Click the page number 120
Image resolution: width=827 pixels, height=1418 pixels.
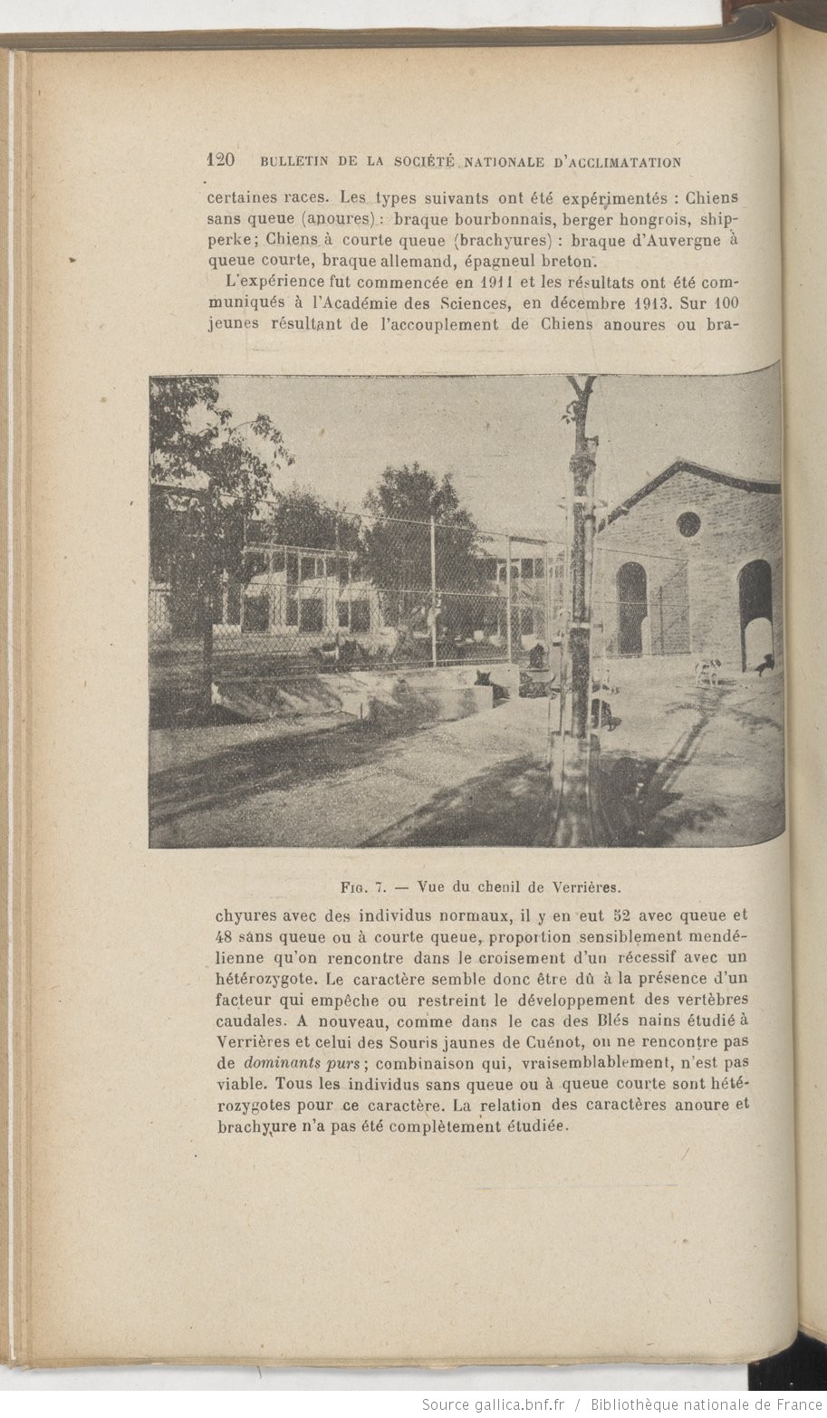tap(222, 161)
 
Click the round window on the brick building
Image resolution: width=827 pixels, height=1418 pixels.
tap(688, 523)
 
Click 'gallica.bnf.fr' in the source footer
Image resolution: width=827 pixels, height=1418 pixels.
tap(519, 1404)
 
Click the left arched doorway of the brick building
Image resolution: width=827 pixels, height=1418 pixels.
tap(631, 608)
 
